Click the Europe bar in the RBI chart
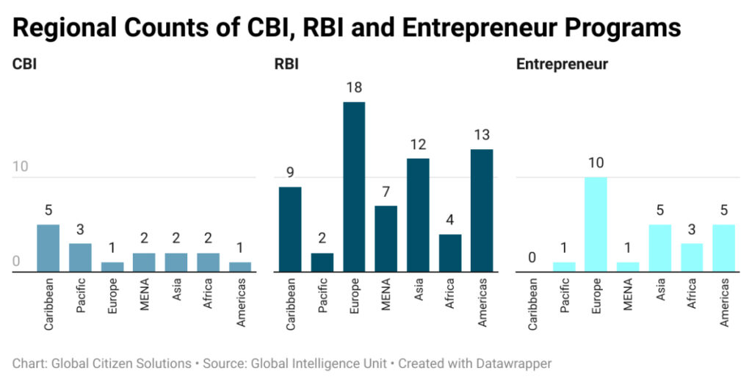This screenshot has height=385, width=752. point(354,187)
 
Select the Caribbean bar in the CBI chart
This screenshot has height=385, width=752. point(48,248)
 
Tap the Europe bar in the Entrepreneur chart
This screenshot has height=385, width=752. point(596,225)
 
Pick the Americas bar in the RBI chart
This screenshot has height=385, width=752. point(482,211)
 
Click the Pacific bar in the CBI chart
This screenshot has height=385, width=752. point(80,258)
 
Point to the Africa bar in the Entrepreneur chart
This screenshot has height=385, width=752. point(692,258)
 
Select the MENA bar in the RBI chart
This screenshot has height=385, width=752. point(386,239)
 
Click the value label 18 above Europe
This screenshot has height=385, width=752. point(354,88)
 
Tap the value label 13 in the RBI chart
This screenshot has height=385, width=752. point(482,136)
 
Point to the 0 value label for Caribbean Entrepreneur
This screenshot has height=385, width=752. point(532,259)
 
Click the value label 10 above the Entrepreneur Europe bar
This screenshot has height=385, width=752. point(596,163)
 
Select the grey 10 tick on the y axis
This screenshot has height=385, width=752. point(21,167)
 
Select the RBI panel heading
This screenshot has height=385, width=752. point(286,64)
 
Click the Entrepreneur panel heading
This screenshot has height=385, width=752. point(562,64)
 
